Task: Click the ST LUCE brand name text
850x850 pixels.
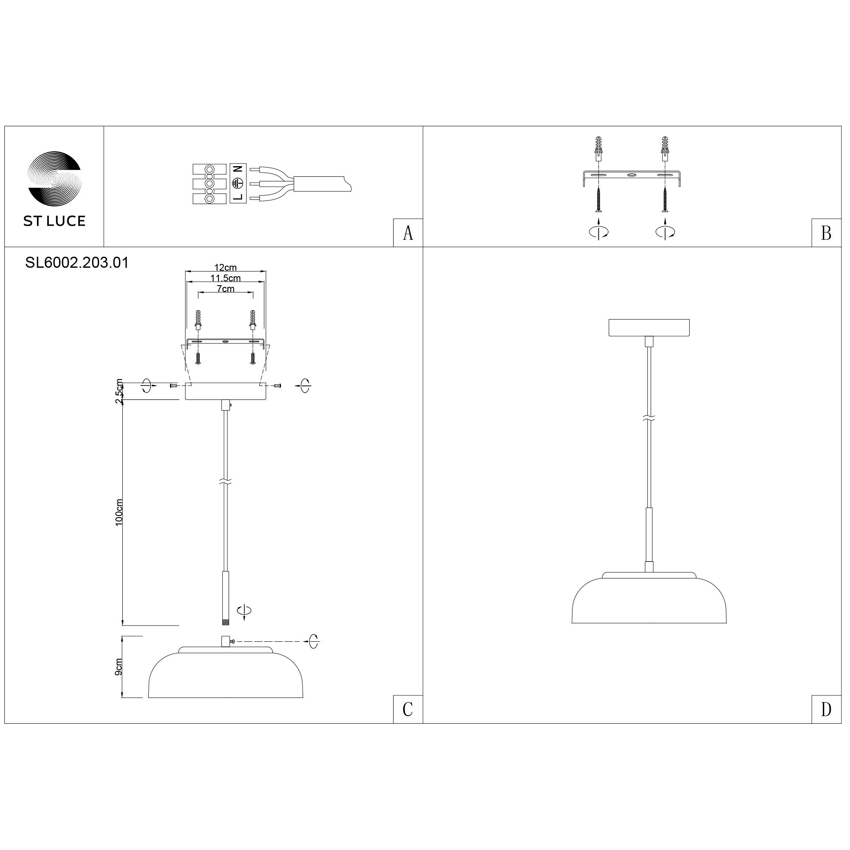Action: coord(54,221)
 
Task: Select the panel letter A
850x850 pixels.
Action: coord(408,233)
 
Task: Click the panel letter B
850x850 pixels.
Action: coord(826,233)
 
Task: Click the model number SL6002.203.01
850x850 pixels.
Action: coord(77,263)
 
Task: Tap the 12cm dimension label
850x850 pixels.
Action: coord(225,267)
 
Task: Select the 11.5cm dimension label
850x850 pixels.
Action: coord(225,278)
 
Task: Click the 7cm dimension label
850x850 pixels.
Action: coord(225,289)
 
